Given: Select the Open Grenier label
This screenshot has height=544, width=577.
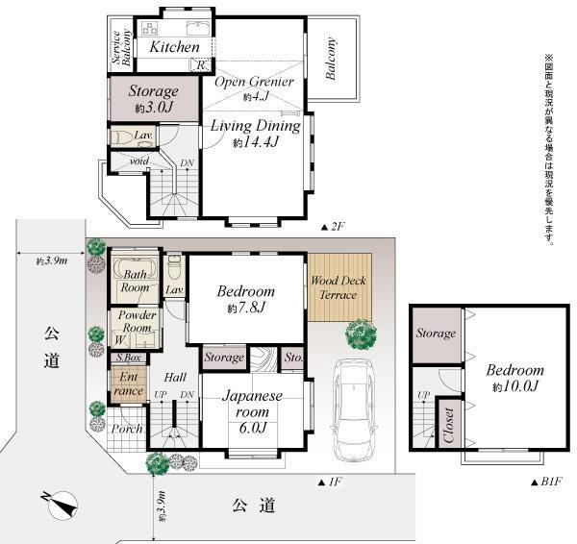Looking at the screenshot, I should tap(254, 87).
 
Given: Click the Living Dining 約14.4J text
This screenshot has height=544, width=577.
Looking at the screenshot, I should tap(255, 134).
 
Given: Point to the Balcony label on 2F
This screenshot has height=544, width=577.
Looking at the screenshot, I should tap(332, 64).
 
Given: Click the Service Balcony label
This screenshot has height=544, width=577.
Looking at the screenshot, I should tap(120, 44).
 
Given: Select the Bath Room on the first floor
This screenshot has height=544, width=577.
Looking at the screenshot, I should tap(135, 281).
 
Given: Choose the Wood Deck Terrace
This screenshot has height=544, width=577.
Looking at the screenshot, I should tap(333, 287).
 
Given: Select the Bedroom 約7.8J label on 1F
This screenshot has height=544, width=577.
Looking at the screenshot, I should tap(245, 299).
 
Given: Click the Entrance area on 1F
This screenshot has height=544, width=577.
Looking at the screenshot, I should tap(128, 383).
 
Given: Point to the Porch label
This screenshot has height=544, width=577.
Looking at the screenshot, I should tap(127, 429).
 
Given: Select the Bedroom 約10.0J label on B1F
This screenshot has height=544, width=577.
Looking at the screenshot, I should tap(514, 378).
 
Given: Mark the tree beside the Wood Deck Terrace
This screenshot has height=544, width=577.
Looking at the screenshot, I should tap(362, 335).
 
